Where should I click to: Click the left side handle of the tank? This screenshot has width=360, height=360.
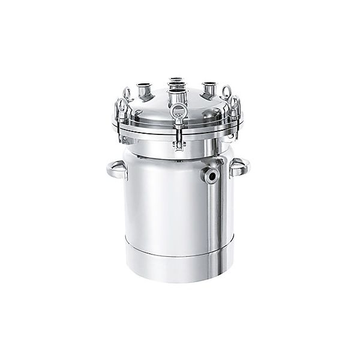tap(116, 170)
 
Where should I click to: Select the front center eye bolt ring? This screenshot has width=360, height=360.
tap(178, 110)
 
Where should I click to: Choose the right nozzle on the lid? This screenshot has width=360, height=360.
tap(208, 88)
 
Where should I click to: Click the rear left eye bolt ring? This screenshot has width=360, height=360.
tap(127, 94)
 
